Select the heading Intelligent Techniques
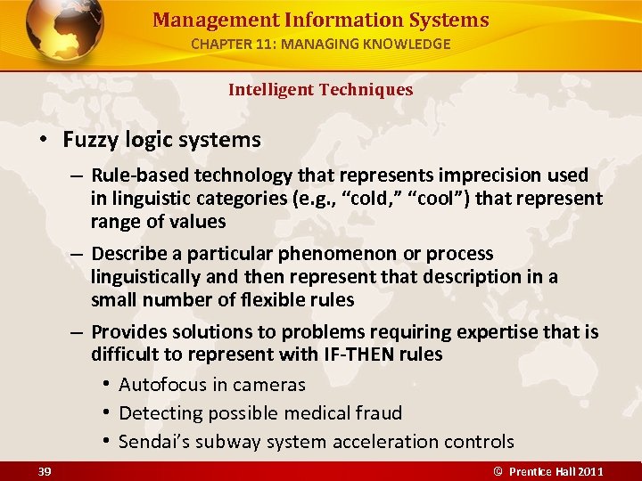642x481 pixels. click(320, 89)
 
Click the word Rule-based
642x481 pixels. click(135, 175)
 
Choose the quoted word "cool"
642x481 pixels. click(434, 198)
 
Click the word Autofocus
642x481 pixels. click(161, 385)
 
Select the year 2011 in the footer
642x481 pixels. click(588, 471)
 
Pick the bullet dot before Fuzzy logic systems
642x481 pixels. click(42, 141)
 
